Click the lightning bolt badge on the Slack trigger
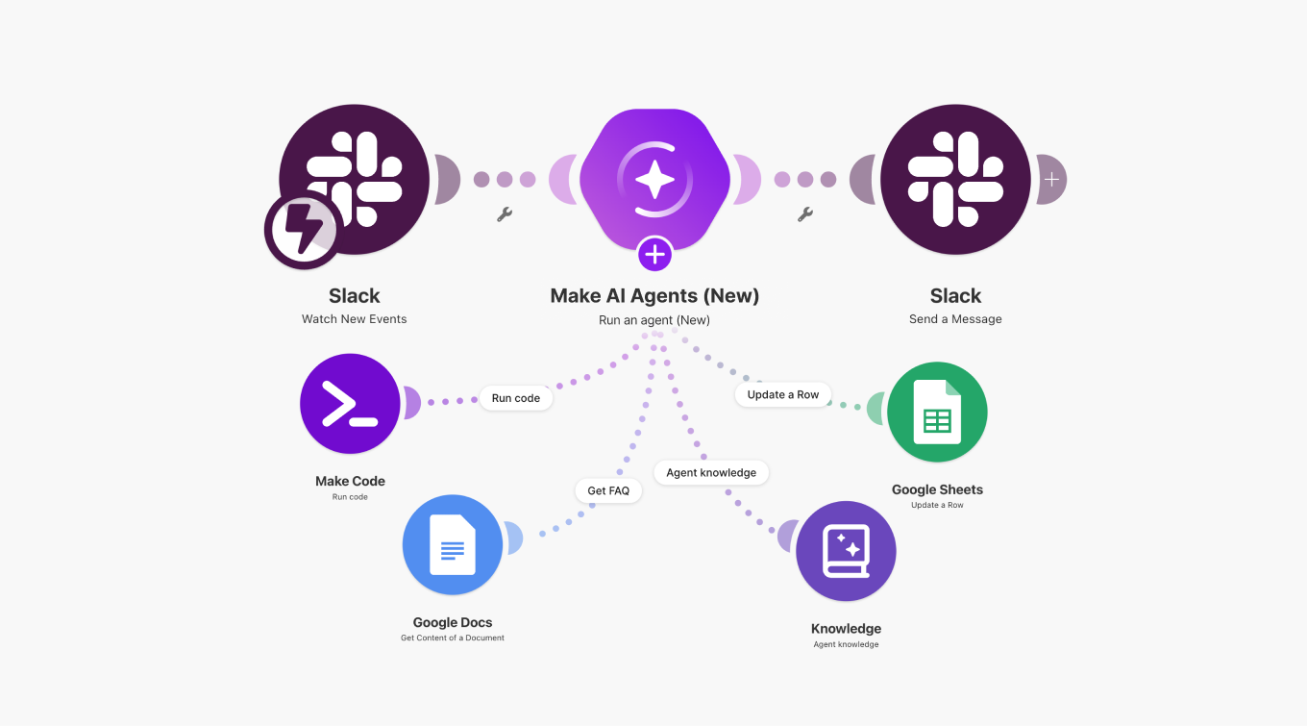[x=302, y=230]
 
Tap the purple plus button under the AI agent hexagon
[x=654, y=255]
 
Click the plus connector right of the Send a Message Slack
[x=1051, y=179]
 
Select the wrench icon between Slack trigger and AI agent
[x=505, y=214]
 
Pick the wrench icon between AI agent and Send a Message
[x=805, y=214]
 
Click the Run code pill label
[x=516, y=398]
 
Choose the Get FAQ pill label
[x=608, y=490]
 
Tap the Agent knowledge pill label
[x=711, y=473]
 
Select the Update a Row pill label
[x=783, y=394]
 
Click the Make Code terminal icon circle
[x=350, y=404]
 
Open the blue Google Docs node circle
[x=453, y=545]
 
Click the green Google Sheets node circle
[x=937, y=412]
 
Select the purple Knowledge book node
[x=846, y=551]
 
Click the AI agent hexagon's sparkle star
[x=654, y=179]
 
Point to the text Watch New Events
[x=355, y=319]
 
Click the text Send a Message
[x=955, y=319]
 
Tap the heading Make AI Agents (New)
[x=654, y=296]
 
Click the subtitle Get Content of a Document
[x=453, y=638]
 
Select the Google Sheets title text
[x=937, y=489]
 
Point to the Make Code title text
[x=350, y=481]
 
